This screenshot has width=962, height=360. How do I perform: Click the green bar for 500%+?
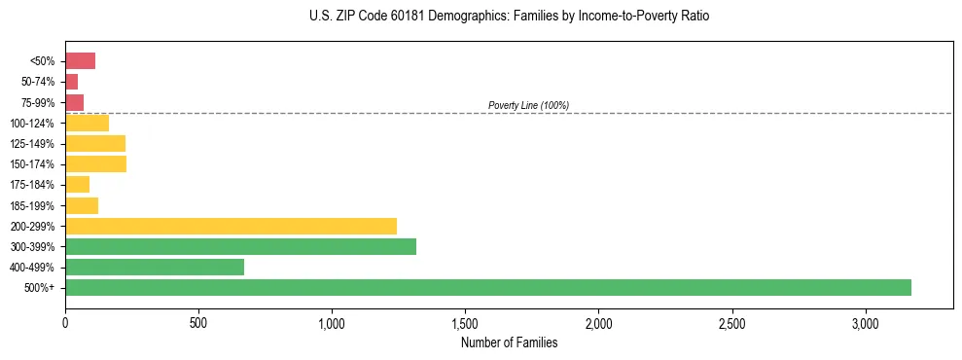click(487, 287)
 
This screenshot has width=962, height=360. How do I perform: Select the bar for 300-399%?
click(240, 246)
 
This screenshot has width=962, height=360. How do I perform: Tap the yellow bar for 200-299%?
click(231, 226)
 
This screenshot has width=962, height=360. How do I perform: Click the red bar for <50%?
click(80, 61)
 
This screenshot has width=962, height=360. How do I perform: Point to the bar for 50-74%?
click(71, 82)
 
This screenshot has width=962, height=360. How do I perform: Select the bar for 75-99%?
click(74, 102)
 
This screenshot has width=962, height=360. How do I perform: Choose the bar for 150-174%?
click(95, 163)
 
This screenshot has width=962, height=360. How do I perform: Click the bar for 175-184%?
click(77, 184)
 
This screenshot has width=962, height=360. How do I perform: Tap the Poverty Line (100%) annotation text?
click(528, 105)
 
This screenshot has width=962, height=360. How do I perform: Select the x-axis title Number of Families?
click(510, 342)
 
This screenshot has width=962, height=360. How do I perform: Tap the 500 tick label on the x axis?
click(198, 323)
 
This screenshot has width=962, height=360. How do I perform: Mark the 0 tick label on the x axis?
click(65, 323)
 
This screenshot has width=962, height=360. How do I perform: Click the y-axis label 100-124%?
click(32, 124)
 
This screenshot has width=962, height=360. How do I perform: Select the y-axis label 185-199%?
click(32, 205)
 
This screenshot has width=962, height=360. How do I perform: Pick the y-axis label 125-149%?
click(32, 144)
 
